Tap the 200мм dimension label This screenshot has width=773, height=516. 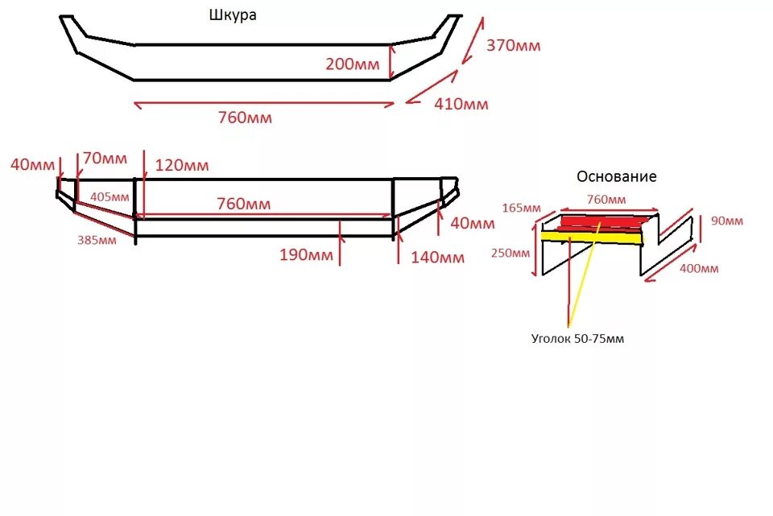(x=352, y=64)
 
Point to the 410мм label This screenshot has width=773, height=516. (x=461, y=104)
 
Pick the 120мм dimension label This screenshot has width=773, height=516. (x=182, y=166)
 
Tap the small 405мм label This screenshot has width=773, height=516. (x=110, y=196)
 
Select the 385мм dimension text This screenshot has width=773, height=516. (x=95, y=239)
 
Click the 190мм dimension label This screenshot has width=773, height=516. (x=306, y=256)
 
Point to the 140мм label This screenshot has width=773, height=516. (x=437, y=258)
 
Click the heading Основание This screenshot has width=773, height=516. (x=616, y=176)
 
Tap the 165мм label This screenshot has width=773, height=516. (x=520, y=208)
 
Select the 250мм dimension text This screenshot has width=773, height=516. (x=510, y=253)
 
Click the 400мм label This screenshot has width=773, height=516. (x=698, y=268)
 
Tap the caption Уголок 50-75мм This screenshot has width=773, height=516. (x=577, y=339)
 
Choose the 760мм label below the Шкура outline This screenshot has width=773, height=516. (x=245, y=118)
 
